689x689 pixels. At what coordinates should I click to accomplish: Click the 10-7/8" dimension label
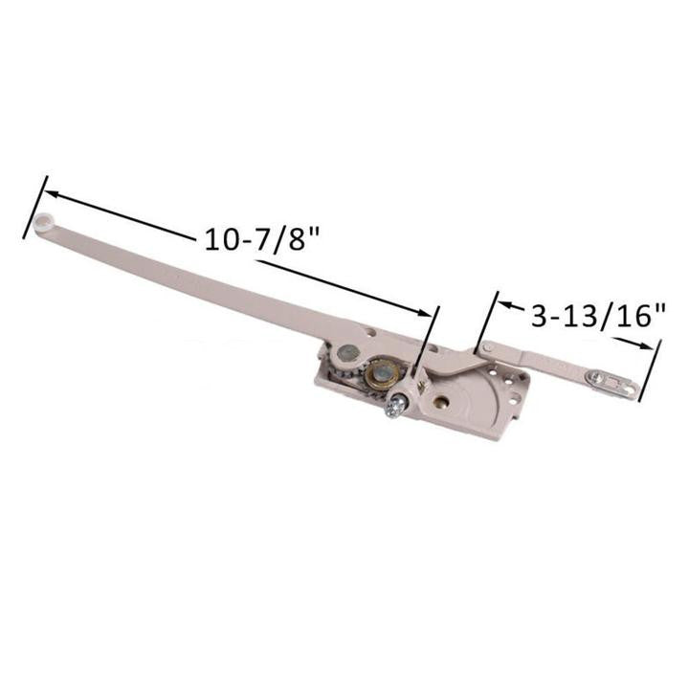point(261,239)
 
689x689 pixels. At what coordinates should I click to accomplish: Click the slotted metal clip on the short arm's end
point(612,384)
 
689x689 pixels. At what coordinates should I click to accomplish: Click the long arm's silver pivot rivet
point(369,335)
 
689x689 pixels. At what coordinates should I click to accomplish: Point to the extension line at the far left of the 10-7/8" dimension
point(35,206)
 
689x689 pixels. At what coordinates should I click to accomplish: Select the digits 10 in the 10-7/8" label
point(219,239)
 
